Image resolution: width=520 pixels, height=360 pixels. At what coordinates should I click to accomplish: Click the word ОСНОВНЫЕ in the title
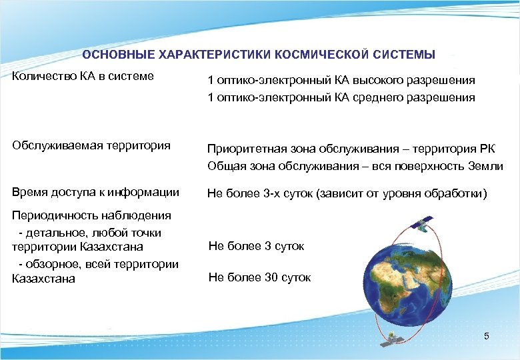[x=113, y=54]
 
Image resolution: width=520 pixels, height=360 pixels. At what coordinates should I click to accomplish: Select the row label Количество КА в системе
[x=83, y=76]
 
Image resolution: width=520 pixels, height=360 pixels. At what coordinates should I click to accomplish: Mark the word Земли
[x=485, y=166]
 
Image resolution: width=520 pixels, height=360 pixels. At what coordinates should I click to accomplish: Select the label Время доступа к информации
[x=95, y=192]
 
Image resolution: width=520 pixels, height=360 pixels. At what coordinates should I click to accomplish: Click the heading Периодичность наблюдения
[x=82, y=215]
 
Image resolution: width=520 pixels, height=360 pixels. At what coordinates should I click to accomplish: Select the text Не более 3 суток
[x=256, y=246]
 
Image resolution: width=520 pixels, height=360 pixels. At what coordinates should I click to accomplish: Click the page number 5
[x=487, y=336]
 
